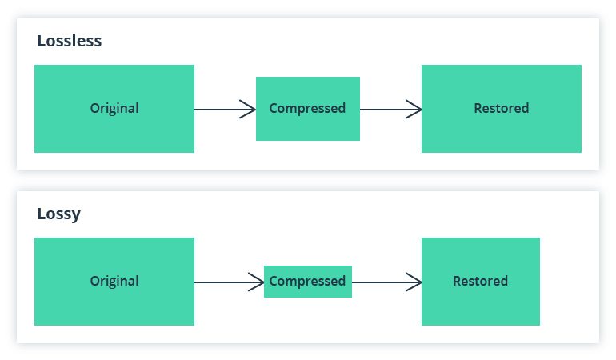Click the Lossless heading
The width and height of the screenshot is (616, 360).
click(x=70, y=41)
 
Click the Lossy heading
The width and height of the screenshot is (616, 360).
click(x=58, y=214)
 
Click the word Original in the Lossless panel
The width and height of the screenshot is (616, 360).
click(x=114, y=108)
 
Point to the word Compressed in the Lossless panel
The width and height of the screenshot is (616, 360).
click(x=307, y=108)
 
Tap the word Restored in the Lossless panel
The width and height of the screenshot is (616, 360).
click(x=502, y=108)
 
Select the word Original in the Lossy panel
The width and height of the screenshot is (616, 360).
click(x=114, y=281)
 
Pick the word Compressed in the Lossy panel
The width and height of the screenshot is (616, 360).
click(x=307, y=281)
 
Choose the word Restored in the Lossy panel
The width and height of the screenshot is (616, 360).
click(x=480, y=281)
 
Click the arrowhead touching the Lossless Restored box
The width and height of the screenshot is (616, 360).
click(x=414, y=109)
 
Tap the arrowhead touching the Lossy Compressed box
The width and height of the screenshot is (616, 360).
click(x=257, y=282)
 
